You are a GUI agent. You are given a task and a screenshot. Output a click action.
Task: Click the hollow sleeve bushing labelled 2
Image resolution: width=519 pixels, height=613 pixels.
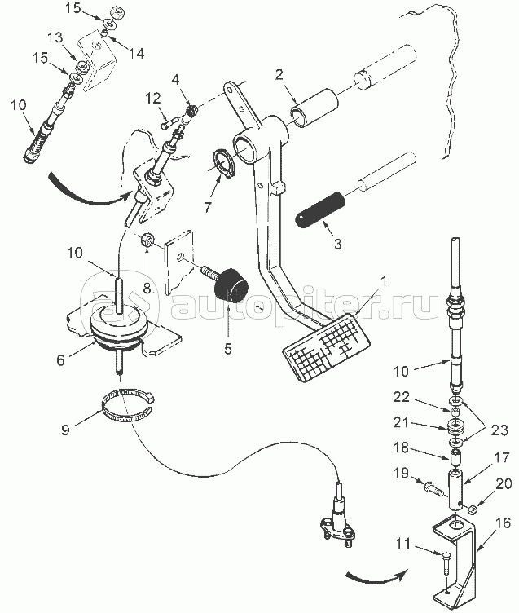click(x=314, y=108)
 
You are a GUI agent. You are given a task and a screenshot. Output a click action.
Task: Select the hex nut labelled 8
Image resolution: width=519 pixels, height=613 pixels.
click(x=146, y=239)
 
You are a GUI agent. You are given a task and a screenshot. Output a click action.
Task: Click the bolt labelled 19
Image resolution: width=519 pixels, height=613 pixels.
click(x=433, y=487)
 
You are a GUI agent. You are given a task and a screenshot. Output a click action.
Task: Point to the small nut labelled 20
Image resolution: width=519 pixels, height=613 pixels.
click(x=473, y=509)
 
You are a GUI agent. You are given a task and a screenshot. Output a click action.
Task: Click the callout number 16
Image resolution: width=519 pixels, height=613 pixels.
click(x=503, y=523)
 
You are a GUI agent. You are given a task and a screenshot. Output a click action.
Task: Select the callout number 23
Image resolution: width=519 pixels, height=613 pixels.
click(x=499, y=430)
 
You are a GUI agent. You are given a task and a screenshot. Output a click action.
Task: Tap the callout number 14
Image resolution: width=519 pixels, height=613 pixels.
click(x=136, y=53)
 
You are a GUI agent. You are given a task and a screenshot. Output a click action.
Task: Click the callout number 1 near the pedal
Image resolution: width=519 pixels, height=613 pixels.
click(x=384, y=280)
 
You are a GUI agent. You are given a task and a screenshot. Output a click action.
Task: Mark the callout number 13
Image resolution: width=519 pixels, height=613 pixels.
click(x=55, y=37)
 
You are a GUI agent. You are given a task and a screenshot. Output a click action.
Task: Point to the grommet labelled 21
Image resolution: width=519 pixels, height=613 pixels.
click(x=455, y=426)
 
